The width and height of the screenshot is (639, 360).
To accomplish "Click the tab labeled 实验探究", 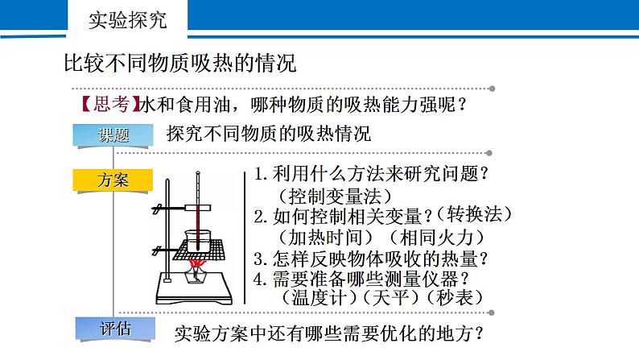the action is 127,19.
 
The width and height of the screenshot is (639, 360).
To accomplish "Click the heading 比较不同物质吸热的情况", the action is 180,63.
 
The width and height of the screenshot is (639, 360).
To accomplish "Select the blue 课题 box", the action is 113,135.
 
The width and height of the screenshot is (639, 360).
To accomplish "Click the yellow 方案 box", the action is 113,180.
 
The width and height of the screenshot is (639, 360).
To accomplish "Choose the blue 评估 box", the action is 115,329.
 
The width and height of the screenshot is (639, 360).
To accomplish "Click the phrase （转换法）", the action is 474,214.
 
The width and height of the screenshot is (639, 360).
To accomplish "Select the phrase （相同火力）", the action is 436,238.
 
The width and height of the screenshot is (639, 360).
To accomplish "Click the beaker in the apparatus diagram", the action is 198,242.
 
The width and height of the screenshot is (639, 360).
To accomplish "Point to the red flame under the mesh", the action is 197,264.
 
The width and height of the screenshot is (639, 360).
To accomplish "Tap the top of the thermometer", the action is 198,172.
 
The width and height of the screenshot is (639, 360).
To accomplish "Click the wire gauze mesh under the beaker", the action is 199,250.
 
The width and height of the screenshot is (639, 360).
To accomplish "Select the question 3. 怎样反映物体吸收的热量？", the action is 370,259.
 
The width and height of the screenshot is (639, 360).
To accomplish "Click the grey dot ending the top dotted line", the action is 493,89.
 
